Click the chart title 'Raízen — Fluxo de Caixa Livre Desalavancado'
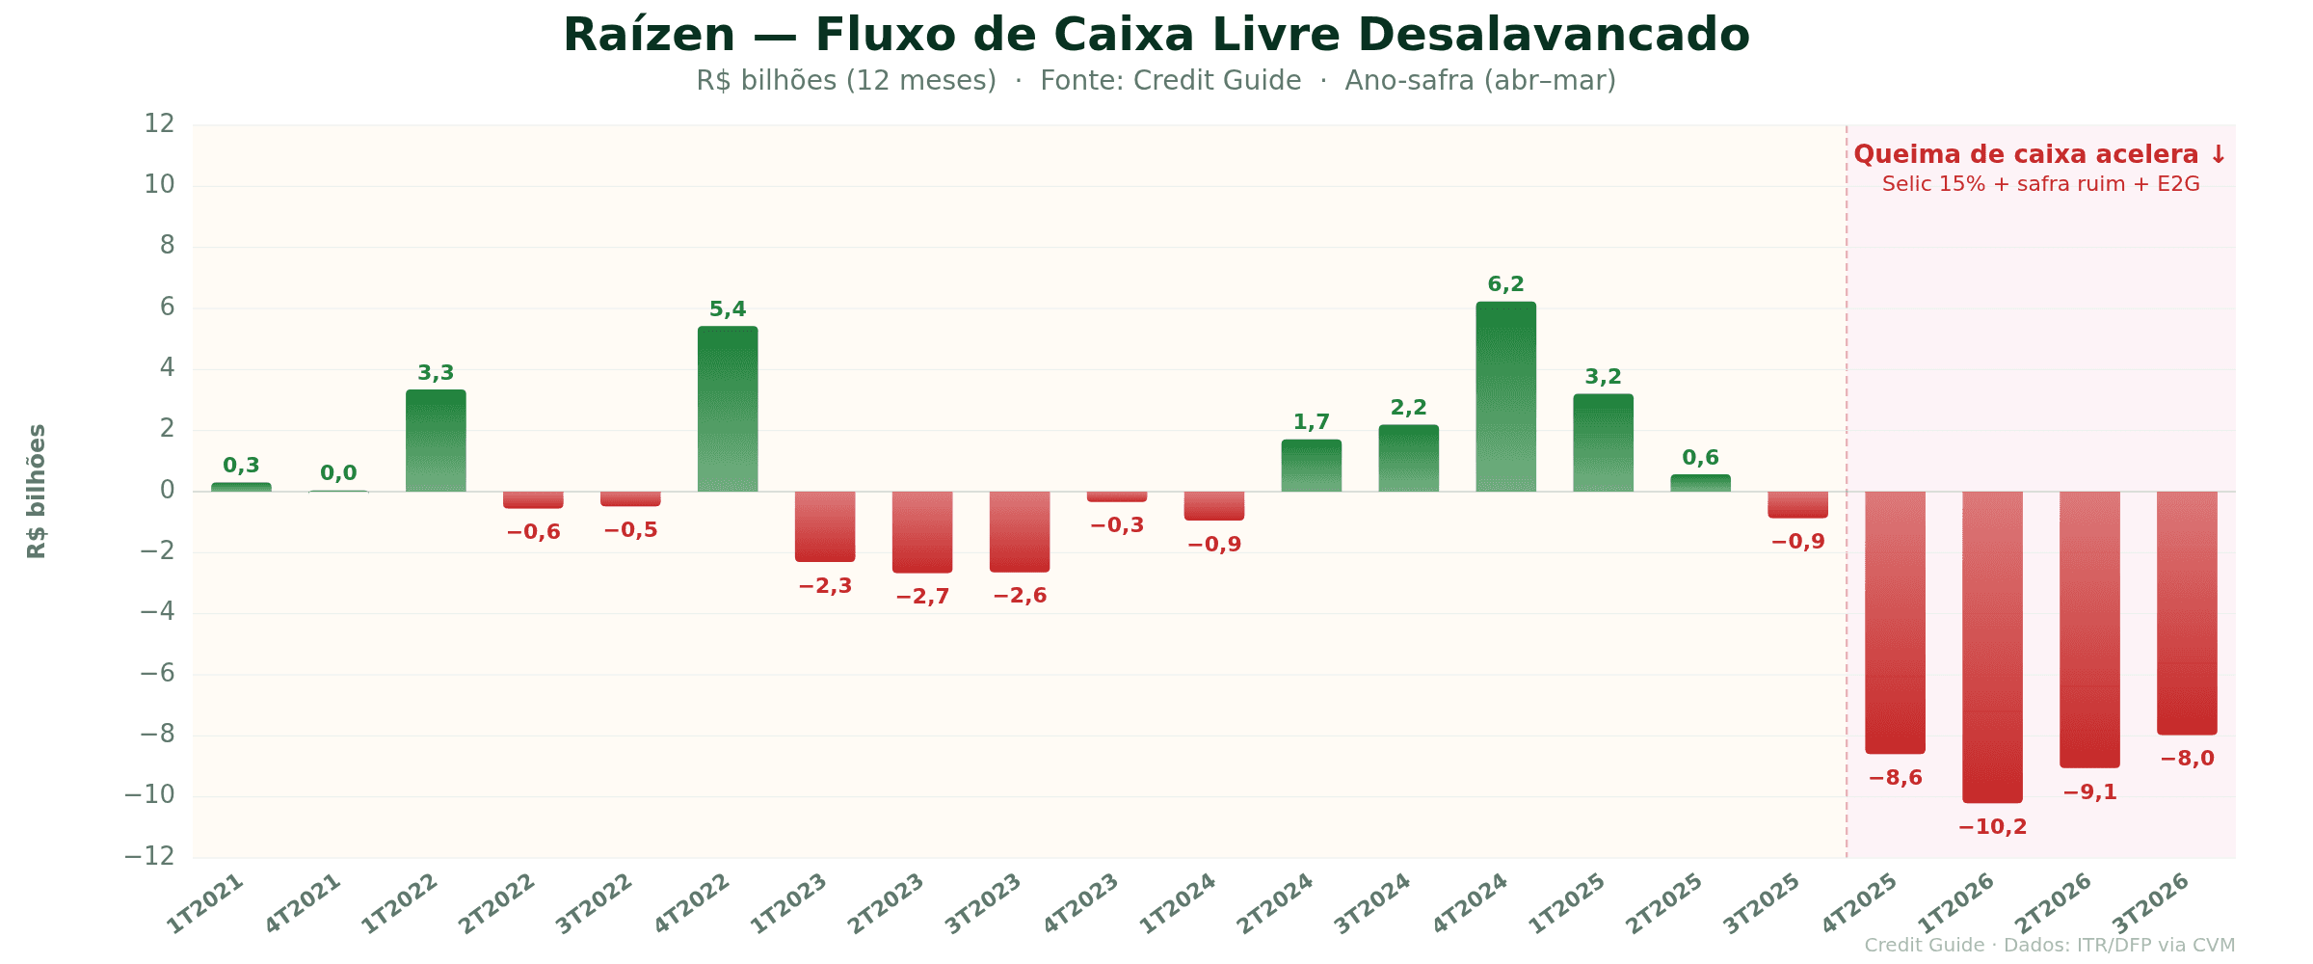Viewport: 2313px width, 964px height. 1156,36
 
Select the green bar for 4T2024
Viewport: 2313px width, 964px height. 1505,397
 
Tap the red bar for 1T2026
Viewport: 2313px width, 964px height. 1992,646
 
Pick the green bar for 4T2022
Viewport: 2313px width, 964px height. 728,409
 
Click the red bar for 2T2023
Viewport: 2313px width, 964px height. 922,532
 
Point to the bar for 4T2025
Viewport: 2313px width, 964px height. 1895,622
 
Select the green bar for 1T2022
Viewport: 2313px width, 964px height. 436,441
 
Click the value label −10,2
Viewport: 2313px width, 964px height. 1992,827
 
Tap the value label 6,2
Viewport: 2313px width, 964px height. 1505,284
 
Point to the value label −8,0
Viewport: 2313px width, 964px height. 2187,759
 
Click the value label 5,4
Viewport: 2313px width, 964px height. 728,309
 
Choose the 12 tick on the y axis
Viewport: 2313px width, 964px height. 160,124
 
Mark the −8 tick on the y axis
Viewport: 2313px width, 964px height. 158,735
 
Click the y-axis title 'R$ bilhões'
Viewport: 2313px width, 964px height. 37,491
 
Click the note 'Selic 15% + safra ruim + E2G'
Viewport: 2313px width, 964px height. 2040,184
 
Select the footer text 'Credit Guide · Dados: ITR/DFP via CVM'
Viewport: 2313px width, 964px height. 2049,946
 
